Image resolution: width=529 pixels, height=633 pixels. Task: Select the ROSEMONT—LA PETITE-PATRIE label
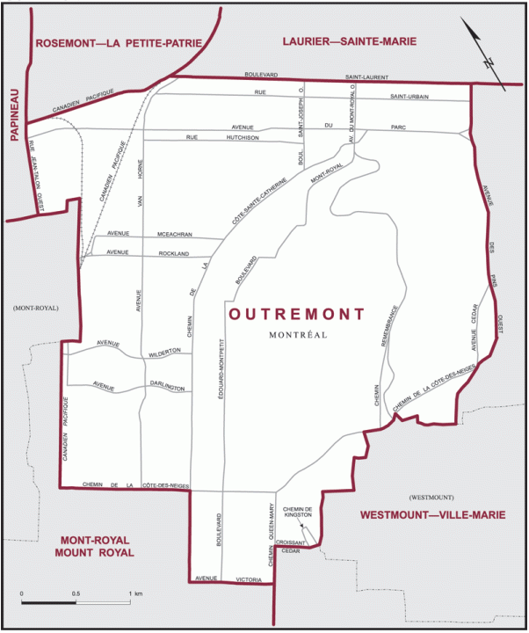point(115,43)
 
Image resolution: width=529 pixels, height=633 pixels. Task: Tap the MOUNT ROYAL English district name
point(94,553)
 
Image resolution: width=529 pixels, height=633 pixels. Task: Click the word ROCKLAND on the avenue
point(174,253)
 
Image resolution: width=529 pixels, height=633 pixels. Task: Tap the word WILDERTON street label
point(164,351)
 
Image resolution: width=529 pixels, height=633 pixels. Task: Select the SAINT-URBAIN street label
point(409,96)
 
